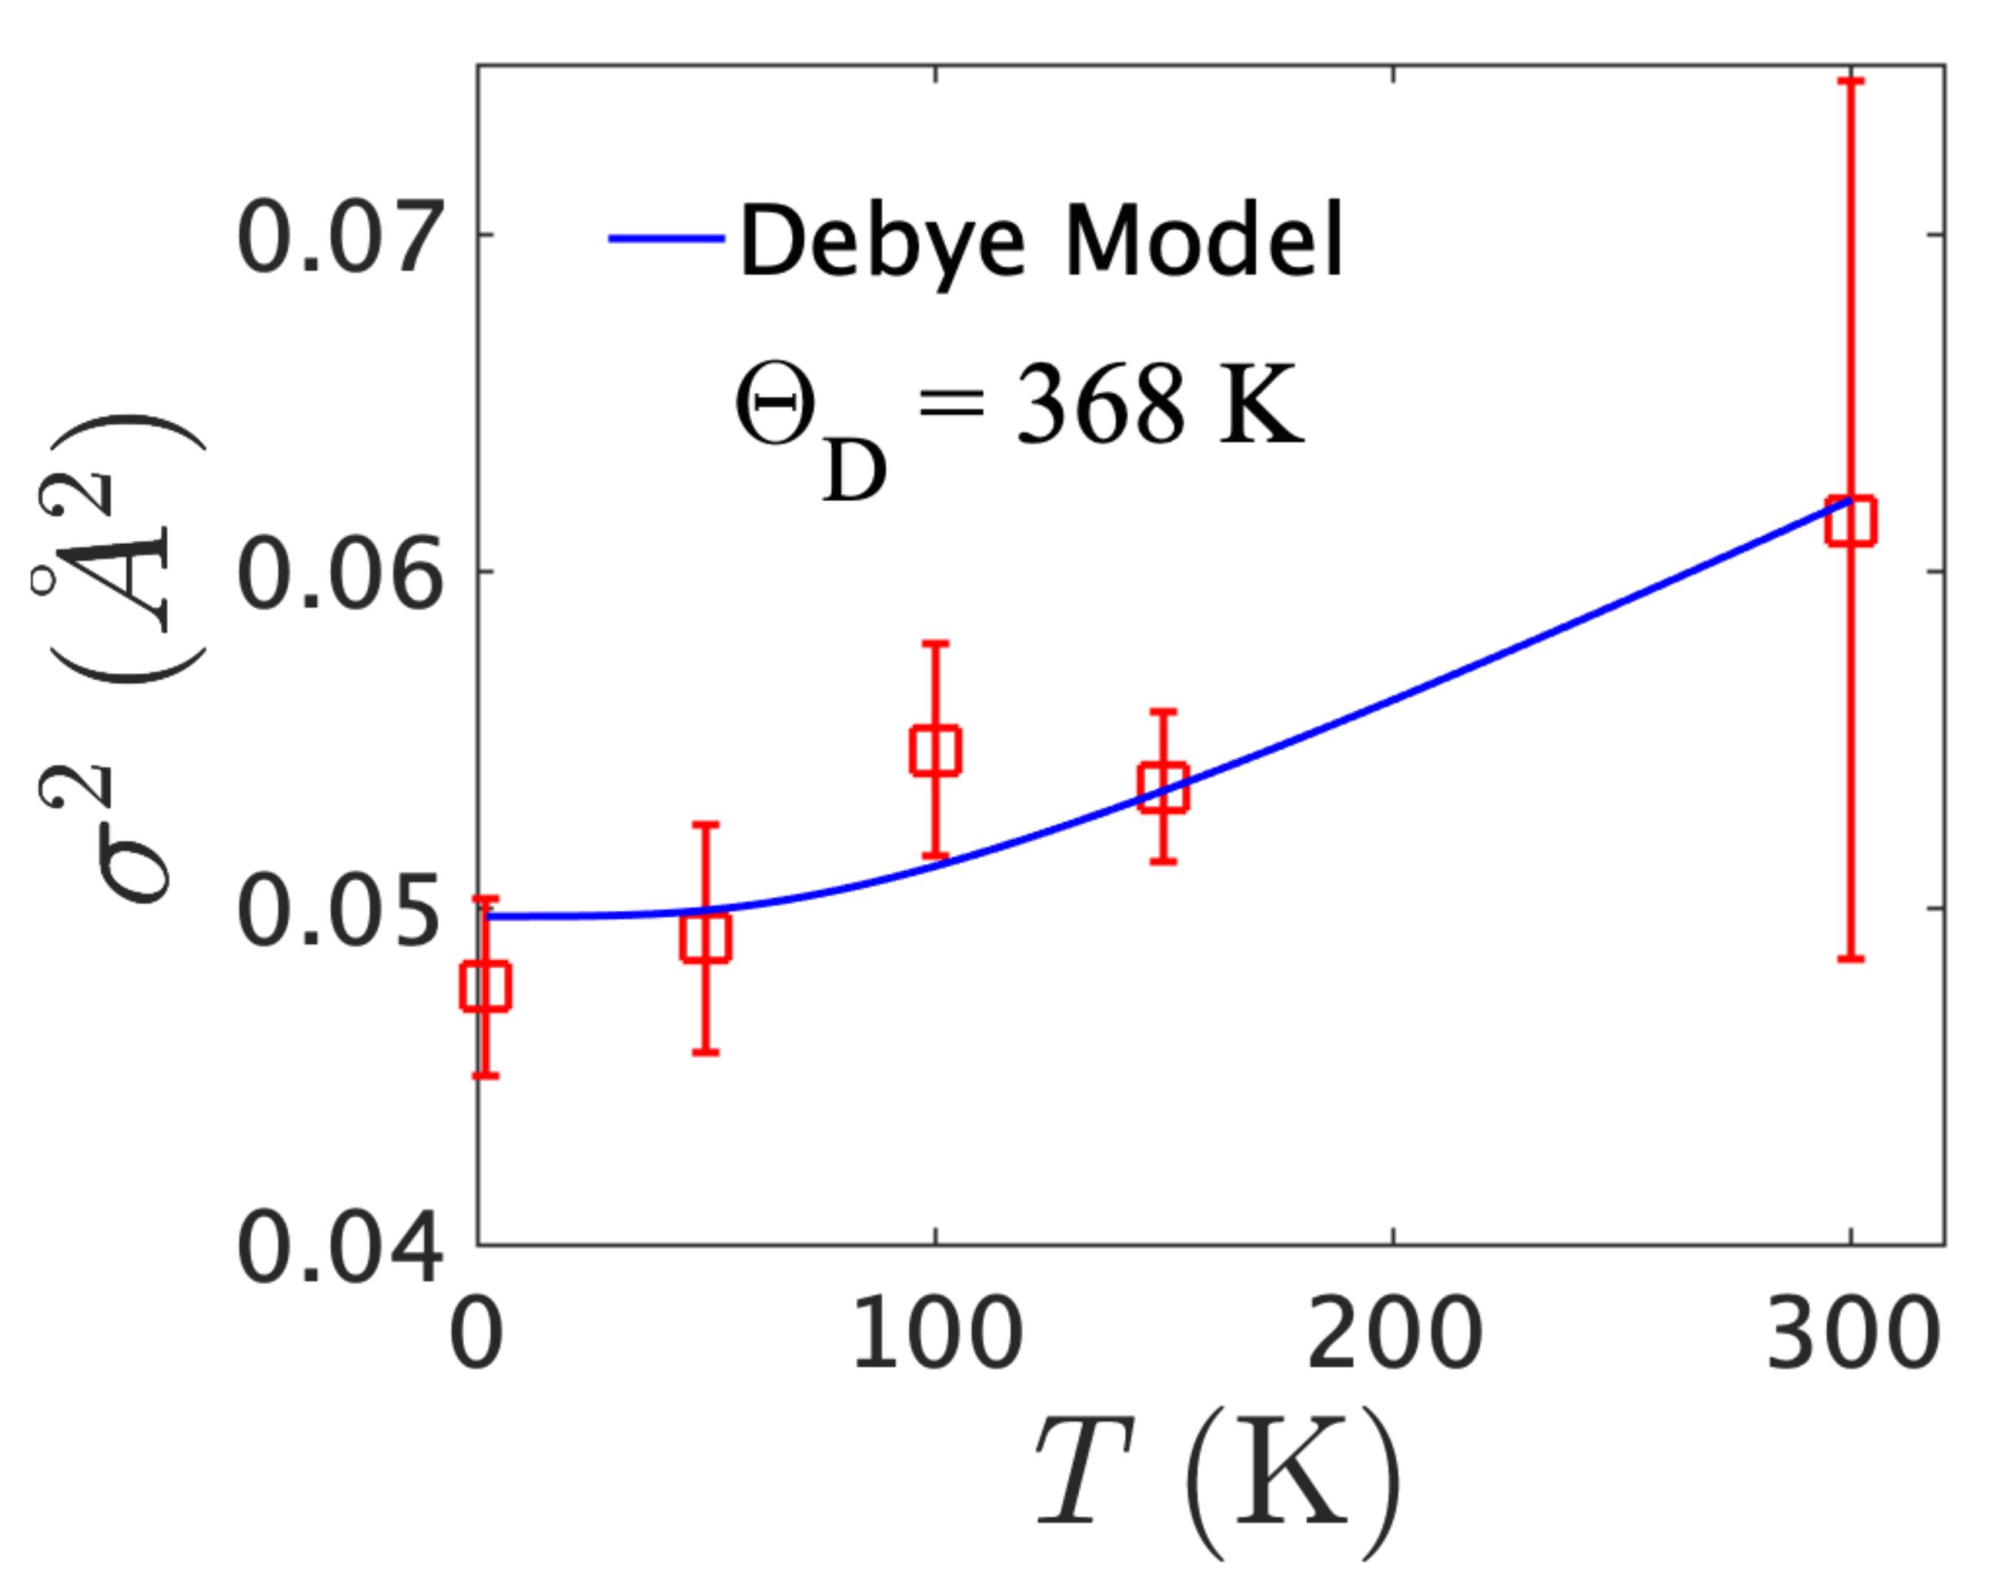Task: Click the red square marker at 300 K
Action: (x=1851, y=521)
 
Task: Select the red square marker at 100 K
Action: (x=935, y=750)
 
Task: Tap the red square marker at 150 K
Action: (x=1164, y=788)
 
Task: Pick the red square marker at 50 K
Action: (x=706, y=937)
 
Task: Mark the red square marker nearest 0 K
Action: (x=486, y=986)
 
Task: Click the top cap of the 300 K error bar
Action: (x=1851, y=82)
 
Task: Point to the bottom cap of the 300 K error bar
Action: (x=1851, y=959)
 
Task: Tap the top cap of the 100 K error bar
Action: (x=935, y=642)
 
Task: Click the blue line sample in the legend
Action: (x=666, y=238)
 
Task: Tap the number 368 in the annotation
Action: (x=1100, y=403)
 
